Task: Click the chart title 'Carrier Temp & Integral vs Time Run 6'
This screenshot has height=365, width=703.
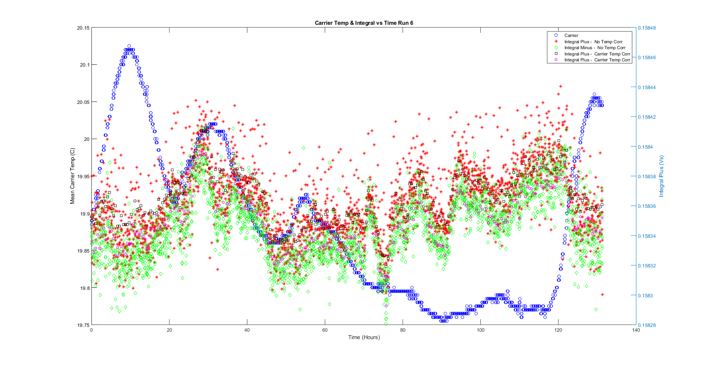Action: click(364, 23)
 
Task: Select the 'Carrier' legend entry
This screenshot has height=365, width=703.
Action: click(571, 36)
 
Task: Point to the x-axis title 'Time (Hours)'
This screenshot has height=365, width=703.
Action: click(364, 337)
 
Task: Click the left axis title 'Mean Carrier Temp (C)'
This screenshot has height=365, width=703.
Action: click(72, 176)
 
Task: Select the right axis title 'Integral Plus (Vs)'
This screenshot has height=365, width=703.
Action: click(661, 176)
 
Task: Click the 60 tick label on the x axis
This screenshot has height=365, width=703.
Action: click(325, 330)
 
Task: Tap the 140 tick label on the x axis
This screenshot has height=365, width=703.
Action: click(636, 330)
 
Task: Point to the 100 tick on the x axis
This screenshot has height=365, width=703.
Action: click(480, 330)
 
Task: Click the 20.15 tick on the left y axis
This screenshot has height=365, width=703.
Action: click(83, 28)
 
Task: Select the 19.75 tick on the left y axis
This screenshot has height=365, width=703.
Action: click(83, 325)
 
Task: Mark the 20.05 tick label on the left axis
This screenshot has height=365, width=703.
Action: click(83, 102)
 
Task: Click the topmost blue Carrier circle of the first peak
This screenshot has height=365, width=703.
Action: click(129, 46)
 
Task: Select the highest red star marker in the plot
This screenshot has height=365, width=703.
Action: click(560, 86)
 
